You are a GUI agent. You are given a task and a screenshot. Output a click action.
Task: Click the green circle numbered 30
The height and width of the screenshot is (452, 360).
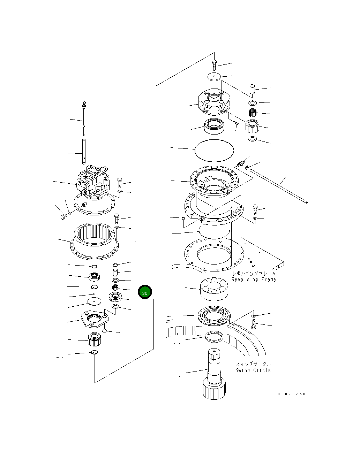coord(145,292)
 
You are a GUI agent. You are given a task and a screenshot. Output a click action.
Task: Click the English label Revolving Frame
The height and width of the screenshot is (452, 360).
coord(254,279)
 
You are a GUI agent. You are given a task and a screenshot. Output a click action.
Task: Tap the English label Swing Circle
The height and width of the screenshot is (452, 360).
coord(253,370)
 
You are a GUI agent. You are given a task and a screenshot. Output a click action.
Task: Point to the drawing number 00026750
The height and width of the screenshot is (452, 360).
coord(292,394)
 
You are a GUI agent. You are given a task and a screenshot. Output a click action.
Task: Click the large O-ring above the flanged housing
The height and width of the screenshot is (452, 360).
coord(214,150)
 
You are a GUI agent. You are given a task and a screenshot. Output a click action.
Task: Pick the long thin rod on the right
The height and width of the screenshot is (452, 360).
coord(279,185)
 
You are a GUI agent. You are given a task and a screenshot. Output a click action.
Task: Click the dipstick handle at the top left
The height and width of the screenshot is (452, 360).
coord(83,105)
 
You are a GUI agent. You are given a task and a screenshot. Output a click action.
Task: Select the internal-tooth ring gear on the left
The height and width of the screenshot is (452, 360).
coord(94,240)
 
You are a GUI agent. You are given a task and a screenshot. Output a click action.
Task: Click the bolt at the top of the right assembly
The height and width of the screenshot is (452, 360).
coord(214,65)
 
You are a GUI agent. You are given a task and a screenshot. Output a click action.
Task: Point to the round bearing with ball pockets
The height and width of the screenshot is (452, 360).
coord(214,288)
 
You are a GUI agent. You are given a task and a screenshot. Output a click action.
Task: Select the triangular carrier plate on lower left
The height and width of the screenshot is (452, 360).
coord(94,320)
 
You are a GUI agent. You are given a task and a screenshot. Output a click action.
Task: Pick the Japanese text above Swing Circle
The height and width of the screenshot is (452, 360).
coord(253,364)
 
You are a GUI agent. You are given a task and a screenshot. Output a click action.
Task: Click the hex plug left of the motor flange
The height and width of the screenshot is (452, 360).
coord(63,217)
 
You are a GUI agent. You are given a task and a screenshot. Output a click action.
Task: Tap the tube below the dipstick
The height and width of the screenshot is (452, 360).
coord(84,151)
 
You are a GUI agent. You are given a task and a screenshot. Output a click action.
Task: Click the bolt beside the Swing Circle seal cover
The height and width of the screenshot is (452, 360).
coord(254,326)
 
